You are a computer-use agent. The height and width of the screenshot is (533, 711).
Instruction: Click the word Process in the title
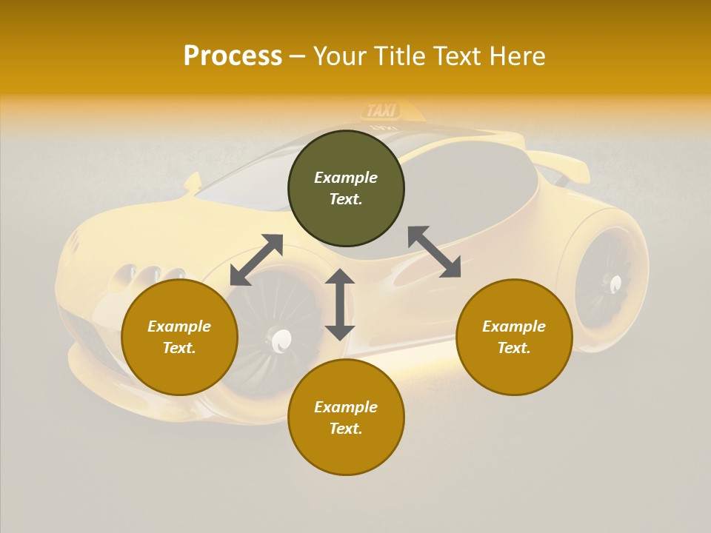(233, 56)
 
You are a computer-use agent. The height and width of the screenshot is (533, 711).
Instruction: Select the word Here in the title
(516, 56)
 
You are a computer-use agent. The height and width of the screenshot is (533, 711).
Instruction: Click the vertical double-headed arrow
(340, 304)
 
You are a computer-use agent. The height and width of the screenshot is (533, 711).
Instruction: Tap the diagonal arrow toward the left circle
(256, 260)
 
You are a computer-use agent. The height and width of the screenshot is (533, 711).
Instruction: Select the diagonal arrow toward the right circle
(435, 252)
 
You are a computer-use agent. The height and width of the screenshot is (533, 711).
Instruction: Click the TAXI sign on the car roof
(382, 111)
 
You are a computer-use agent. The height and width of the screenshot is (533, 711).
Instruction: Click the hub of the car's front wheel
(281, 341)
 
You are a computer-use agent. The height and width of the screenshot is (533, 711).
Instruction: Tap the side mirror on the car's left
(193, 183)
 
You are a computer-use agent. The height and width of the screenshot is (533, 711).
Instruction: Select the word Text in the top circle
(346, 199)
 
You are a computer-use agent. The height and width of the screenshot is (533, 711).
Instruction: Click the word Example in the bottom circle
(346, 406)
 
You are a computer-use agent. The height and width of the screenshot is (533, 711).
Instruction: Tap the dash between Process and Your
(298, 56)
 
